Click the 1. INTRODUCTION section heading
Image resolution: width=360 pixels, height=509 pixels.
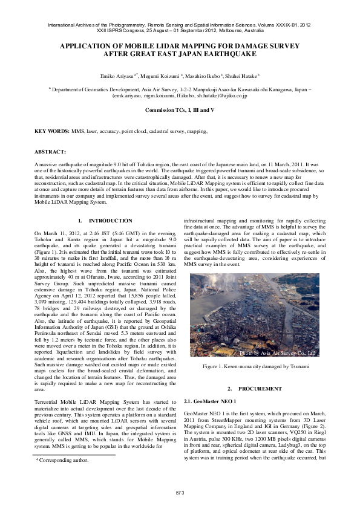(x=106, y=221)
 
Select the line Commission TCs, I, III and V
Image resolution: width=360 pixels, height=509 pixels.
(x=180, y=110)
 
